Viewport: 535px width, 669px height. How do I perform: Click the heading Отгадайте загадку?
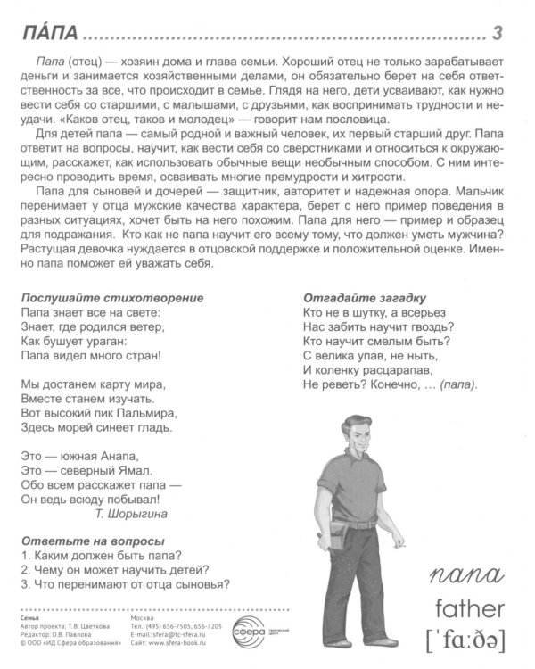[365, 297]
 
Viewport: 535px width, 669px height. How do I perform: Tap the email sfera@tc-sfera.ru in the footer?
[178, 633]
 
